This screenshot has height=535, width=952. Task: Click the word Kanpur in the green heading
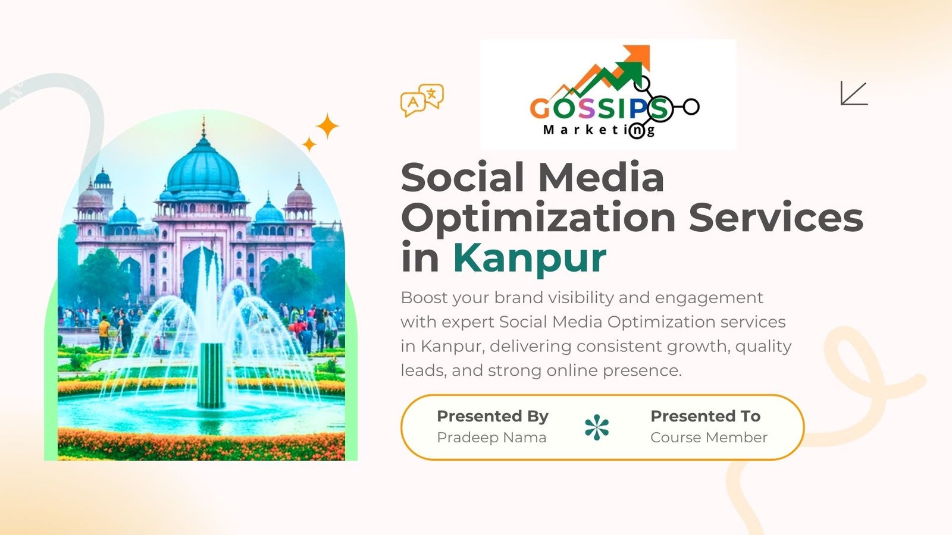pos(530,258)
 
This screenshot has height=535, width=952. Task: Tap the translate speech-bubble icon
pos(422,99)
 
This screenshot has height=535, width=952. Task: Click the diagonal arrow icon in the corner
pos(854,94)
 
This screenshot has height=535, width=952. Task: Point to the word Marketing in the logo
pos(599,130)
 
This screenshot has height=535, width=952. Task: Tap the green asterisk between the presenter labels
pos(597,427)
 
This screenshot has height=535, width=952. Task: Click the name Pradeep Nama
pos(491,438)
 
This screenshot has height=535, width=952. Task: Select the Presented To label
pos(705,416)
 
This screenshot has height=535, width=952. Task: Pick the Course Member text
pos(709,438)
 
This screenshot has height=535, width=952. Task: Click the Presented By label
pos(492,416)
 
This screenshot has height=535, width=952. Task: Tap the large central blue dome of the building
pos(203,169)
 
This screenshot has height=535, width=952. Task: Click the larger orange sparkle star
pos(327,126)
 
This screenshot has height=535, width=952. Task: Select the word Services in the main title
pos(776,218)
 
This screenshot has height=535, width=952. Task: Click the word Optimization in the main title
pos(538,219)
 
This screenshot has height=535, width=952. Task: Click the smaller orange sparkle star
pos(309,144)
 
